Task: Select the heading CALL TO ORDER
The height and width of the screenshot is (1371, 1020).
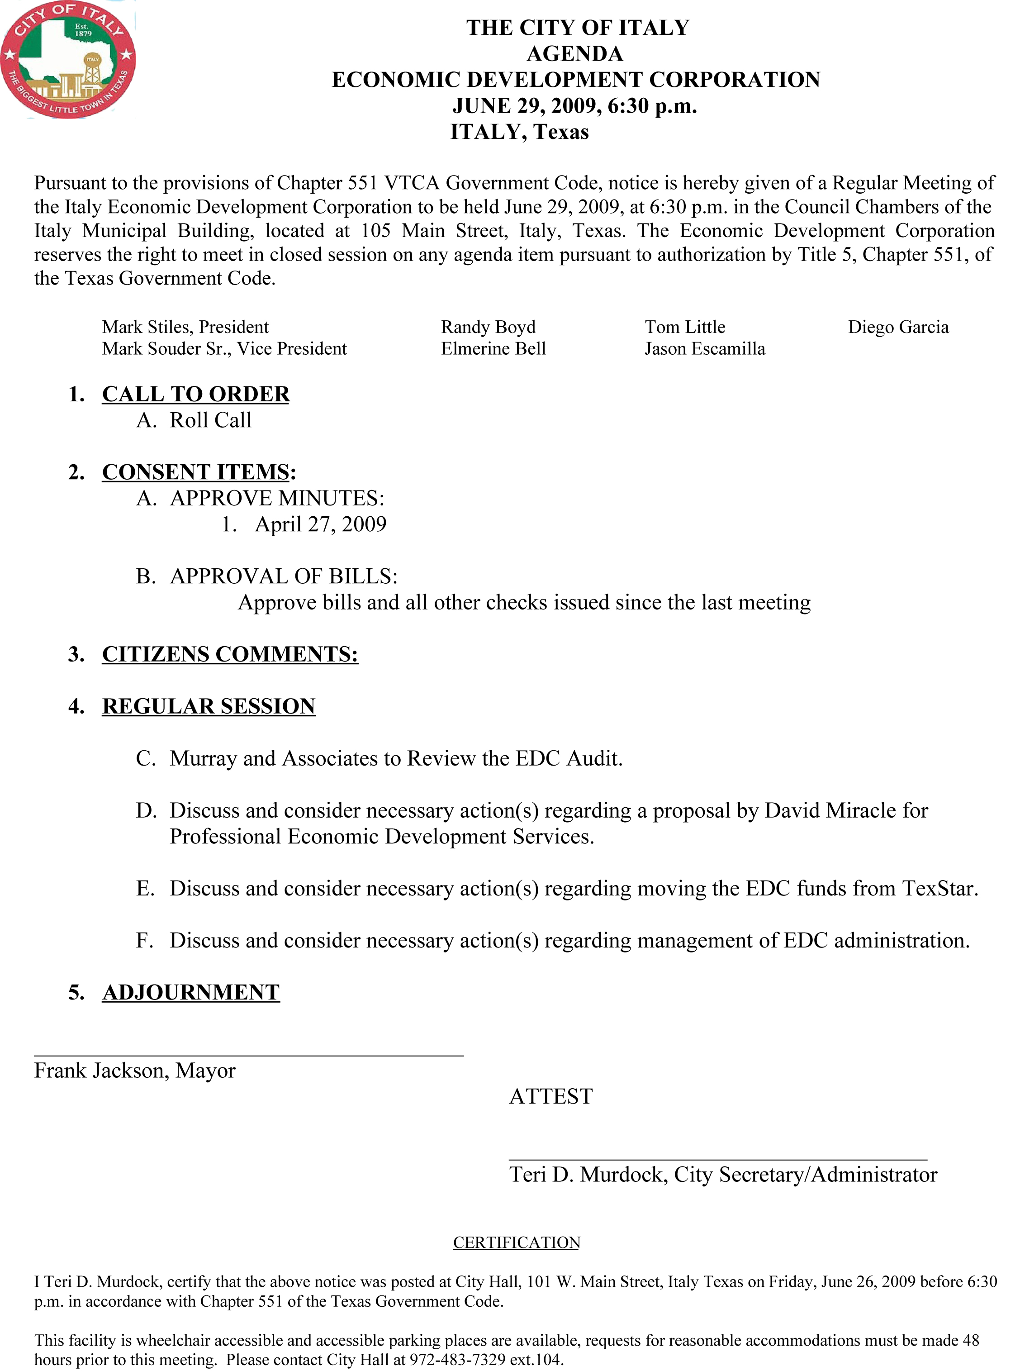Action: click(196, 394)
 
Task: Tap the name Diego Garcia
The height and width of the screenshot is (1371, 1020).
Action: click(898, 327)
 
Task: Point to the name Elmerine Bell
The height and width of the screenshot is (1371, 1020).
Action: click(493, 349)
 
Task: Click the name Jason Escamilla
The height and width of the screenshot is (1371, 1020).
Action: click(704, 349)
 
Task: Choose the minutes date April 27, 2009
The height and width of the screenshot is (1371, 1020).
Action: click(320, 524)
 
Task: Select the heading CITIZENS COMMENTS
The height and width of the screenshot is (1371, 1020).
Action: click(230, 654)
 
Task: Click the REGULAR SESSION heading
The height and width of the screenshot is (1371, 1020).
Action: click(209, 706)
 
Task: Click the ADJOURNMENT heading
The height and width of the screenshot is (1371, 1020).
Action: click(191, 992)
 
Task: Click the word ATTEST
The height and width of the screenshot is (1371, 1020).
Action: click(551, 1096)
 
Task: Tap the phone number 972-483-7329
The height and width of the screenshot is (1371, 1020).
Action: click(457, 1359)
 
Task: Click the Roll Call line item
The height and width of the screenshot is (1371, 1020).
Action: click(210, 420)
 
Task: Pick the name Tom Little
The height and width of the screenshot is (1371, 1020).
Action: click(685, 327)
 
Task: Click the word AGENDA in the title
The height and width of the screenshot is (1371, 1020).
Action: click(575, 54)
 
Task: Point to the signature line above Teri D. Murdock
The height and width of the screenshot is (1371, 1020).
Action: click(717, 1161)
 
